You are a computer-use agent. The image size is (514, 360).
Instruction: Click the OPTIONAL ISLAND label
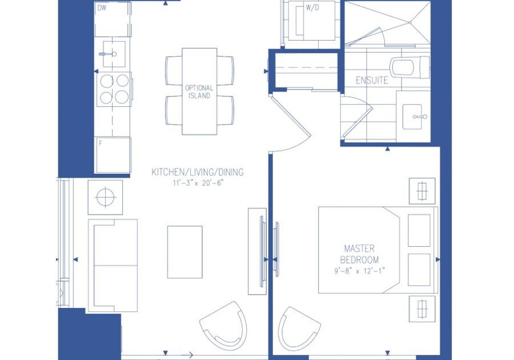click(199, 92)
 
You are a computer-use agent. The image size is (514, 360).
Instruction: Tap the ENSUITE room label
click(372, 81)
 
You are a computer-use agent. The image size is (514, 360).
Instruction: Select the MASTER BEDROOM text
click(360, 254)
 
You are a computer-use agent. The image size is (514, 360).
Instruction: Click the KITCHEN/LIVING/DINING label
click(198, 172)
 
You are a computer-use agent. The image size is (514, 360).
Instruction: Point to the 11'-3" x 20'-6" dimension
click(198, 183)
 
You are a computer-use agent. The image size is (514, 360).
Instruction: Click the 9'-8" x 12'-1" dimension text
click(359, 271)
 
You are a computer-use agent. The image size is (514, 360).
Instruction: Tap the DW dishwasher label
click(102, 8)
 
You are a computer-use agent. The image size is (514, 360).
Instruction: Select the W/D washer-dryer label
click(312, 8)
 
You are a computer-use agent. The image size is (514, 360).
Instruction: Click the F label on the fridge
click(101, 143)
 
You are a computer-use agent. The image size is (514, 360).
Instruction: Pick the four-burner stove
click(114, 89)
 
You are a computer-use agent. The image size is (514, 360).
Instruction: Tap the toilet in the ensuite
click(409, 67)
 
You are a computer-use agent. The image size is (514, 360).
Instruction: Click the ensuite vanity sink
click(412, 117)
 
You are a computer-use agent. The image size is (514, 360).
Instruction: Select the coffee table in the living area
click(185, 252)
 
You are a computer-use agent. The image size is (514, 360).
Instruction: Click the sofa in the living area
click(113, 266)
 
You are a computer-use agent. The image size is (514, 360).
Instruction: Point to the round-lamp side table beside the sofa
click(105, 197)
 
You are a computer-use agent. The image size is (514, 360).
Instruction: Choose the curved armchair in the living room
click(224, 325)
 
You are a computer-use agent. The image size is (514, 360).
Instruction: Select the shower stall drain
click(410, 22)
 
